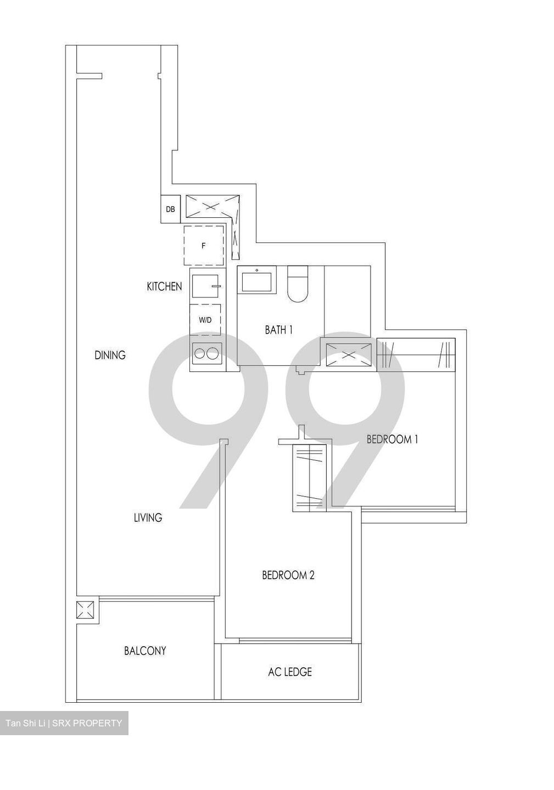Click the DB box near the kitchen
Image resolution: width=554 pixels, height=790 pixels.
click(170, 209)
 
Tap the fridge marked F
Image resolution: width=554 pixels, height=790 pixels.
click(203, 245)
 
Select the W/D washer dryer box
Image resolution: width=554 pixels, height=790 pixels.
click(205, 319)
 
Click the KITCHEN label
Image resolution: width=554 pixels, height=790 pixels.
click(164, 286)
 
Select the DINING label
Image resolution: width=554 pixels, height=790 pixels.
click(110, 355)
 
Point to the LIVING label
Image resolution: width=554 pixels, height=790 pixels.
click(148, 517)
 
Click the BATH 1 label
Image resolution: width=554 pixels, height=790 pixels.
click(278, 330)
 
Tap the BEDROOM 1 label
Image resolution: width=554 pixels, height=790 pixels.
click(393, 439)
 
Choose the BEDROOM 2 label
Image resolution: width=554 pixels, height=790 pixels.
click(288, 575)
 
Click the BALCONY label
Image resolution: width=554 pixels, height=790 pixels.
click(145, 651)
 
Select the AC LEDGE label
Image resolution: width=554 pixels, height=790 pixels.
click(290, 672)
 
